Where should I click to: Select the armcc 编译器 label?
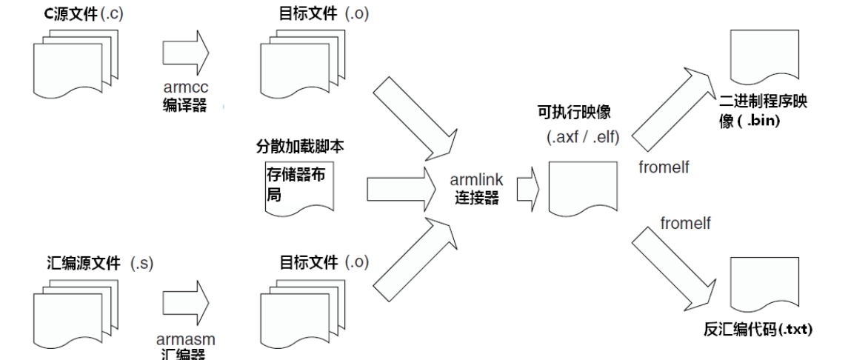184,96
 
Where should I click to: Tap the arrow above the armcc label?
186,54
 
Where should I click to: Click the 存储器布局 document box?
299,188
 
